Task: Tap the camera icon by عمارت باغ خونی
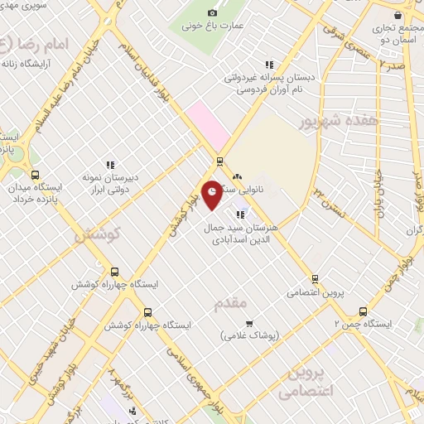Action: click(212, 12)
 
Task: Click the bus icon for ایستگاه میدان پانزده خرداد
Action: click(35, 175)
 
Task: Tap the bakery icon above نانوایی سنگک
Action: click(238, 176)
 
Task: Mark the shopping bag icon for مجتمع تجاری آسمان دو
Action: click(402, 14)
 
